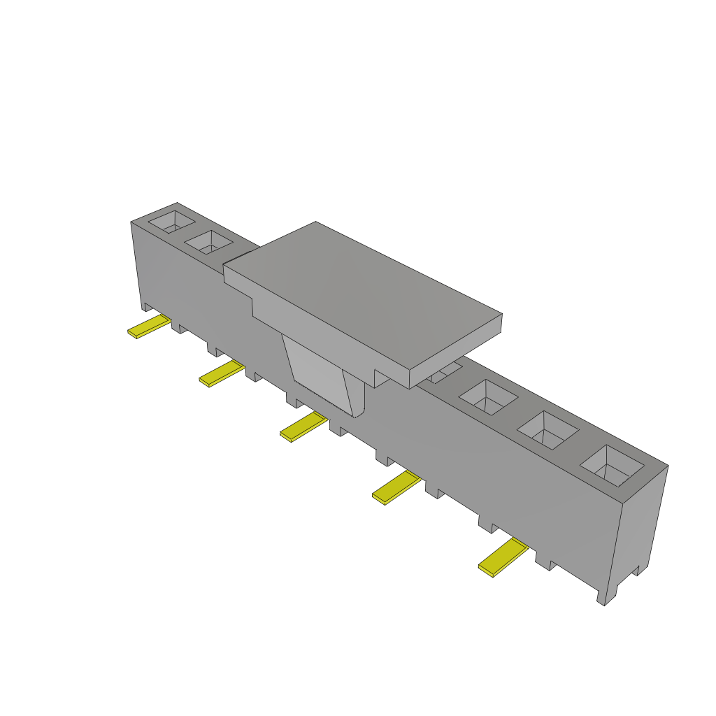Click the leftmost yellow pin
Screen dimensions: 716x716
click(149, 327)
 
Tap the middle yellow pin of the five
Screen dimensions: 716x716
click(303, 427)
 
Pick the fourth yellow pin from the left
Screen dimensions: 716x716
click(396, 487)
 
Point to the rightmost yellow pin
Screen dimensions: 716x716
click(503, 557)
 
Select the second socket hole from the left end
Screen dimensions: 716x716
click(208, 243)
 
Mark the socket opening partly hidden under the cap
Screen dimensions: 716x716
click(446, 372)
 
